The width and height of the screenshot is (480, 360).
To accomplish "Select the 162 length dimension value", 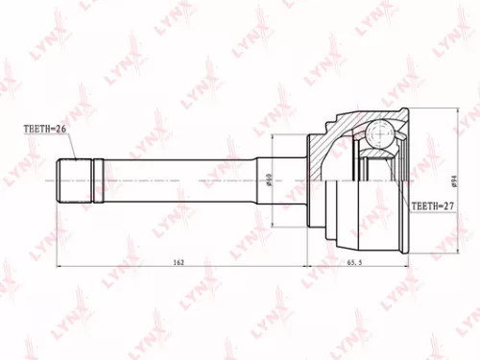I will (180, 260).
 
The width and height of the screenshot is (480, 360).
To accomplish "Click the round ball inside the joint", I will (380, 133).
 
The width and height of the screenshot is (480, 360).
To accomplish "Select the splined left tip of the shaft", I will (76, 180).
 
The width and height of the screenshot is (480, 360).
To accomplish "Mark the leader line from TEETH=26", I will (65, 144).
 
